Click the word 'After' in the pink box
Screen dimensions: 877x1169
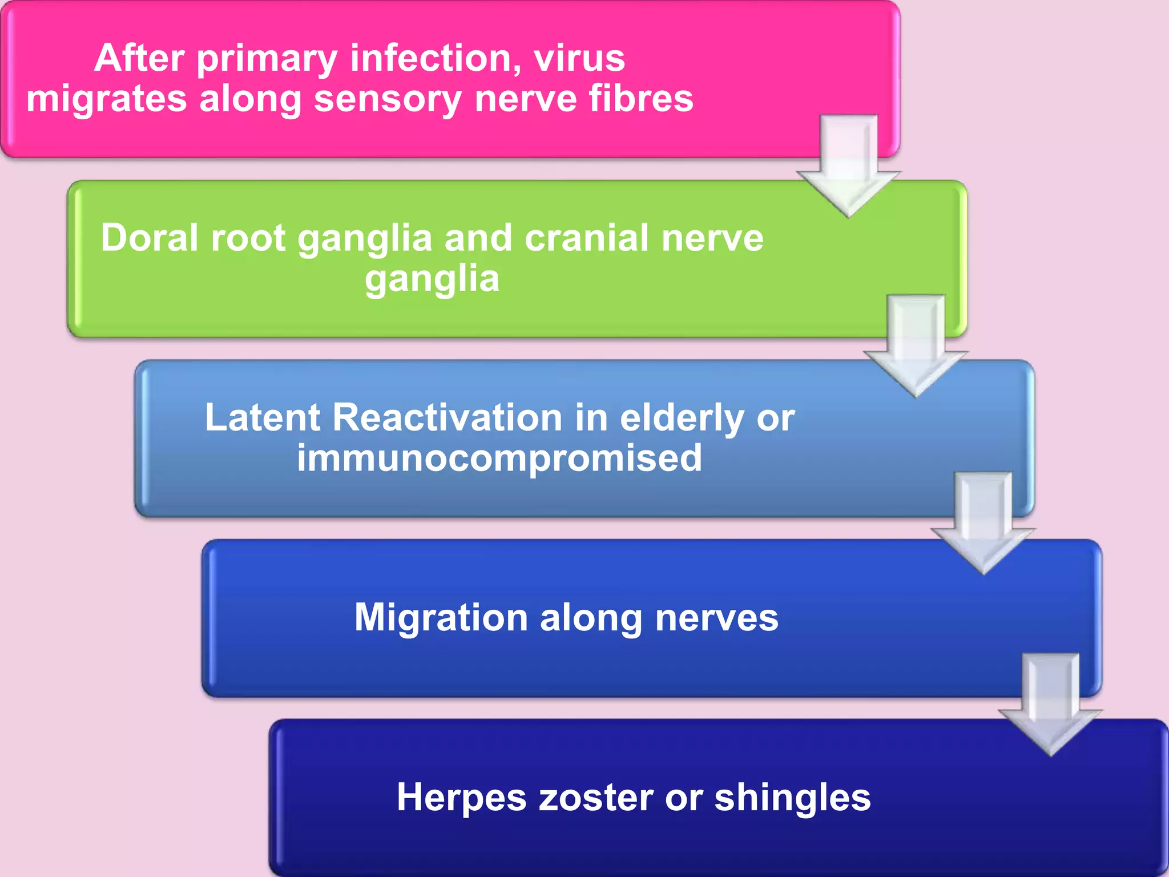(139, 58)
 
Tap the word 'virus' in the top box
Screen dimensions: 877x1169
(579, 58)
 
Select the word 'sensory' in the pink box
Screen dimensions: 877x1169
(388, 99)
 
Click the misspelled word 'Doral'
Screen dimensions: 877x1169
(150, 238)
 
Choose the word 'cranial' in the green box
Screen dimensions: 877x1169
(587, 238)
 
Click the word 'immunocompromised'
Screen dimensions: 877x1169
(499, 458)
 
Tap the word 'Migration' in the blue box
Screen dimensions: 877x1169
(441, 618)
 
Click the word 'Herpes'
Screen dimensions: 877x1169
(461, 798)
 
